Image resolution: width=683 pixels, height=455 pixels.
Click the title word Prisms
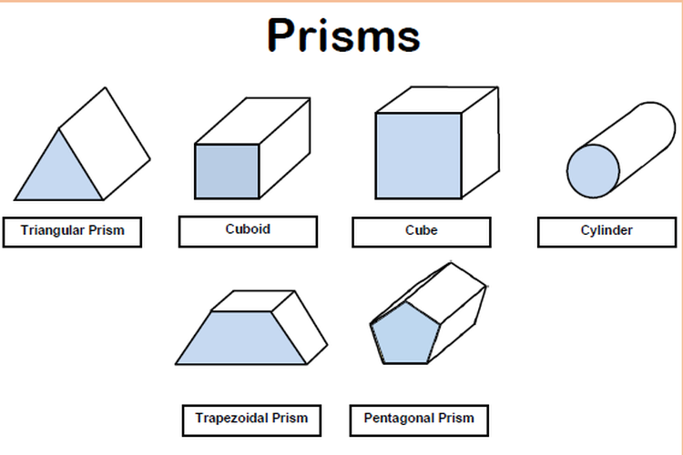(x=343, y=35)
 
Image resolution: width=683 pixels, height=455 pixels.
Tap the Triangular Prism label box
(x=72, y=232)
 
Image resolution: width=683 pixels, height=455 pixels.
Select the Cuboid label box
(x=248, y=231)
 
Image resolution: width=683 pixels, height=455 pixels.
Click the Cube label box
(x=422, y=232)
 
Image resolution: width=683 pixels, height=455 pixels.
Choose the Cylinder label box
(x=607, y=232)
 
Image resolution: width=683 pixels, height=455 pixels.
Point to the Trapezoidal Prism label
(x=251, y=420)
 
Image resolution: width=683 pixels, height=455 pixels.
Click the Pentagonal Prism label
(x=419, y=420)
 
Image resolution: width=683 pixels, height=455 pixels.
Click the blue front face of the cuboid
(x=227, y=172)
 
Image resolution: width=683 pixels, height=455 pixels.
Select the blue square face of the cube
(x=419, y=156)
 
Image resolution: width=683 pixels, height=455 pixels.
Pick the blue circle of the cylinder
(x=593, y=171)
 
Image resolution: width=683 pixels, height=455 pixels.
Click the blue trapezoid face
(x=241, y=338)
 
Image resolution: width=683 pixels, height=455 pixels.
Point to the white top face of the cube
(x=437, y=100)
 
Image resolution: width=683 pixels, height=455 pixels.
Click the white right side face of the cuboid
(x=285, y=148)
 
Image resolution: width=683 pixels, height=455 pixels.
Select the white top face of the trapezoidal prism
(x=253, y=301)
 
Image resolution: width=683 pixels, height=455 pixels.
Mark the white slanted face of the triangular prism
(x=105, y=144)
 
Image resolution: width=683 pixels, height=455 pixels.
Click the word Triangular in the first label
(x=53, y=230)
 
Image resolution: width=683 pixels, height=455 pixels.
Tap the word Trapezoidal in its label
(x=232, y=418)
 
